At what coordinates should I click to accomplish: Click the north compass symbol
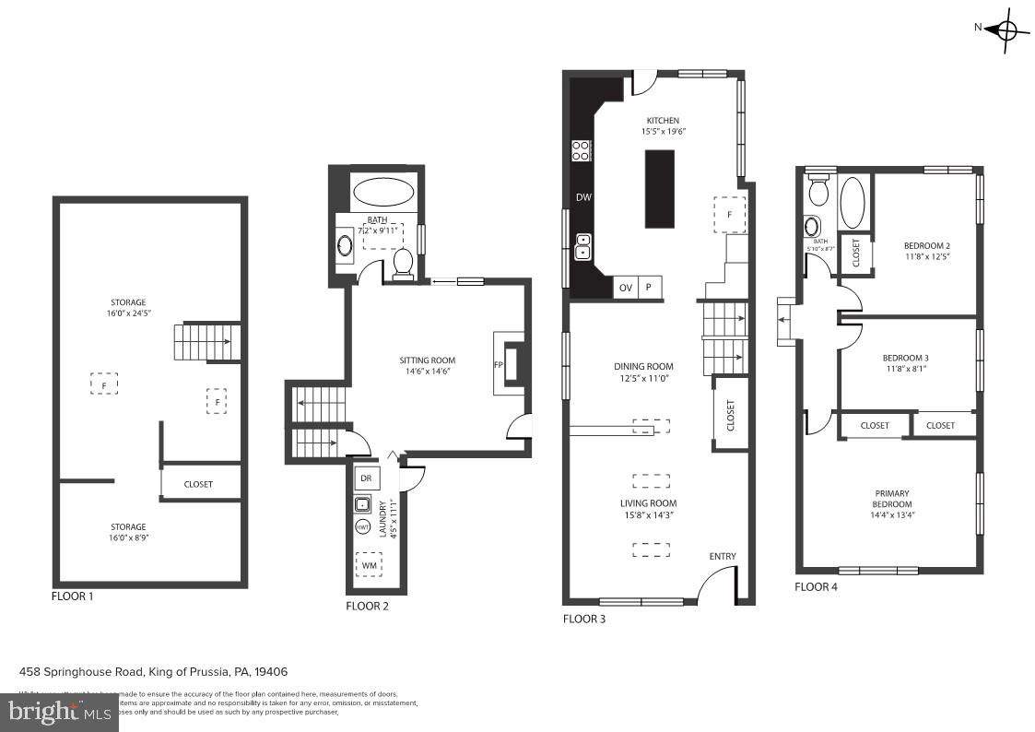pyautogui.click(x=1005, y=30)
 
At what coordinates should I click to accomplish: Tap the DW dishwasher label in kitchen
pyautogui.click(x=582, y=197)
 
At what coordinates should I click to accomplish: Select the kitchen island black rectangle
pyautogui.click(x=659, y=188)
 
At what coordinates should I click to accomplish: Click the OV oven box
pyautogui.click(x=625, y=288)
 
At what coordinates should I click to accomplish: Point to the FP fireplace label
pyautogui.click(x=499, y=364)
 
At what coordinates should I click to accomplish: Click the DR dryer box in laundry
pyautogui.click(x=366, y=478)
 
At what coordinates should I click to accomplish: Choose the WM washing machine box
pyautogui.click(x=369, y=564)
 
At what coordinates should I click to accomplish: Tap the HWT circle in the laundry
pyautogui.click(x=363, y=526)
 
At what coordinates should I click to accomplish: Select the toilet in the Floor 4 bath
pyautogui.click(x=817, y=191)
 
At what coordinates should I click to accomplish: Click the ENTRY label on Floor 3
pyautogui.click(x=723, y=556)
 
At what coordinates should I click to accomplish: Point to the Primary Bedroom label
pyautogui.click(x=892, y=499)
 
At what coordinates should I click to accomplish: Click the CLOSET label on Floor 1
pyautogui.click(x=198, y=484)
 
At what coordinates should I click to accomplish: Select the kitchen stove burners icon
pyautogui.click(x=581, y=150)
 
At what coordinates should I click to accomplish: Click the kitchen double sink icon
pyautogui.click(x=582, y=246)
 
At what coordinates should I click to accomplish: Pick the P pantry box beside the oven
pyautogui.click(x=649, y=288)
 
